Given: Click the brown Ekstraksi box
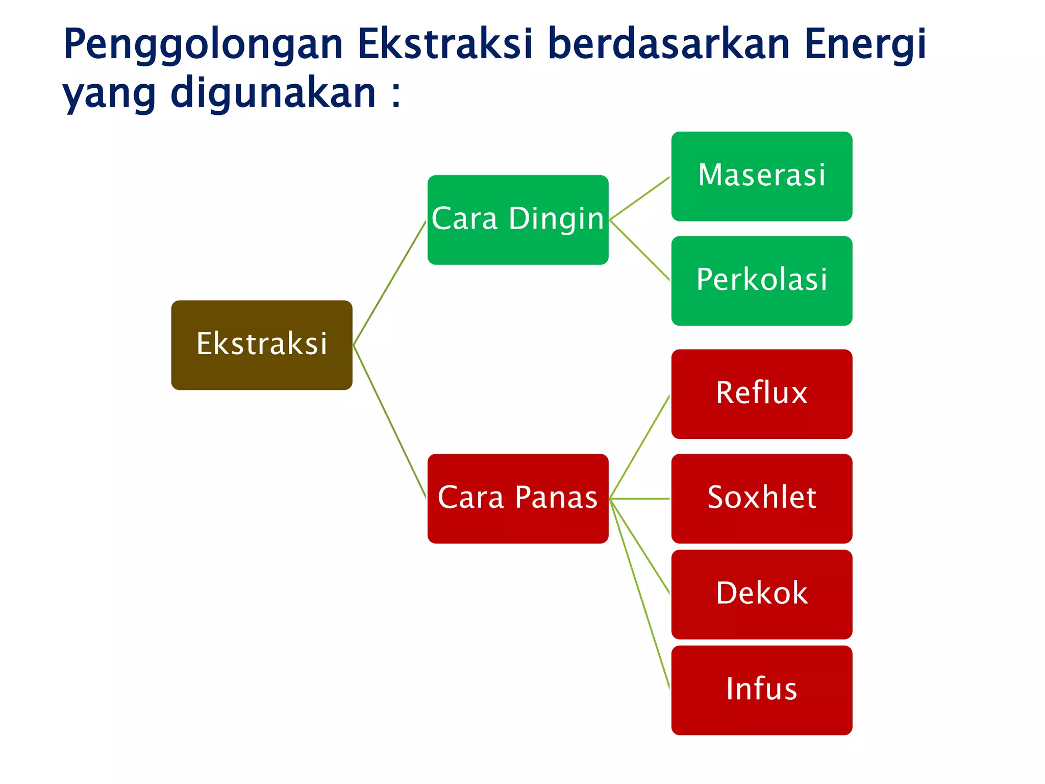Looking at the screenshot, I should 261,345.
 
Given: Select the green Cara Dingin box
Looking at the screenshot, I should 517,219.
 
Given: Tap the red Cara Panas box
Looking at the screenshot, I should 517,498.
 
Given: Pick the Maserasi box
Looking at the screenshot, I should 761,176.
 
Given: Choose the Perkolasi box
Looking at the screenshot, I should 761,280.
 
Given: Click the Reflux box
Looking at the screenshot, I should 761,394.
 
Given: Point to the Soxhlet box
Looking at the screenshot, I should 761,498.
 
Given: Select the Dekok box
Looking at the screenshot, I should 761,594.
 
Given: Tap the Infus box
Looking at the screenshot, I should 761,690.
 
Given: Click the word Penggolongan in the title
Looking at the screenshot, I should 203,45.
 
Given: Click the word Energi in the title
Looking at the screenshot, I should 865,45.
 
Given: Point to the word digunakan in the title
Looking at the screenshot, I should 273,94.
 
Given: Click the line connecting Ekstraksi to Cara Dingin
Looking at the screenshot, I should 389,283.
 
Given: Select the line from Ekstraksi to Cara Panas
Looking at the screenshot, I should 389,421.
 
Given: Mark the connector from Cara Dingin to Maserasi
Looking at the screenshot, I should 640,198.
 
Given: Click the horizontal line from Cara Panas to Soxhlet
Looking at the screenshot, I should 640,499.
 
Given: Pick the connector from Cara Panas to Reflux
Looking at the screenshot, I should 640,447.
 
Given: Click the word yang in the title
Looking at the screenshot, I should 109,95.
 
